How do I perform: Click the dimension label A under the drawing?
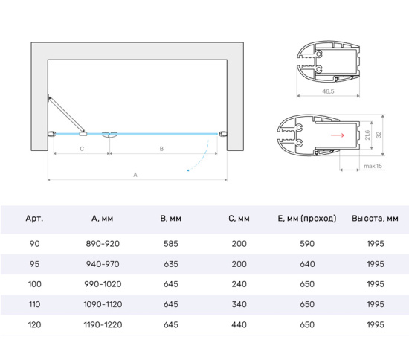[x=135, y=175]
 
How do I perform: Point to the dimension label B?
[x=161, y=149]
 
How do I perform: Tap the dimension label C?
[x=82, y=149]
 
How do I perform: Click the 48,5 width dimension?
[x=328, y=91]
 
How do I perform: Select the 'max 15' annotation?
[x=373, y=166]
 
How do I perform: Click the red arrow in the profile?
[x=338, y=135]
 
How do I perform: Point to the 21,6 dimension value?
[x=367, y=135]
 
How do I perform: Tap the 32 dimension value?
[x=379, y=135]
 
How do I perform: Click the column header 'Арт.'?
[x=34, y=219]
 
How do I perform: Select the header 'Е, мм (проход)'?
[x=307, y=219]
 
